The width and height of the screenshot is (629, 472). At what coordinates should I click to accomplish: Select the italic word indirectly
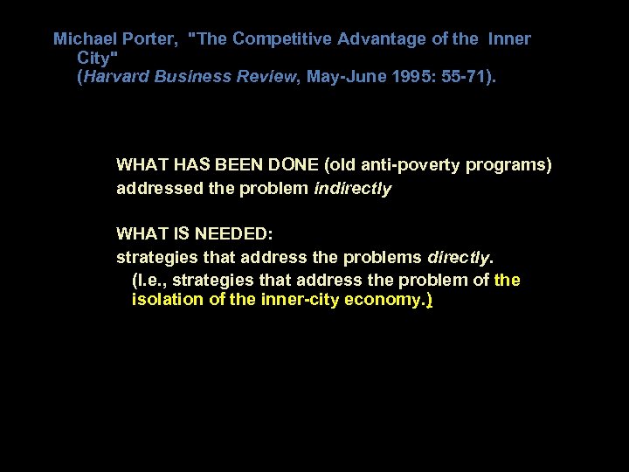pyautogui.click(x=352, y=188)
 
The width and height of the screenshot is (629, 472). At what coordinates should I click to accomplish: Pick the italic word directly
pyautogui.click(x=460, y=258)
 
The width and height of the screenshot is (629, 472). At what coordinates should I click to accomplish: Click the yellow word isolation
pyautogui.click(x=164, y=300)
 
